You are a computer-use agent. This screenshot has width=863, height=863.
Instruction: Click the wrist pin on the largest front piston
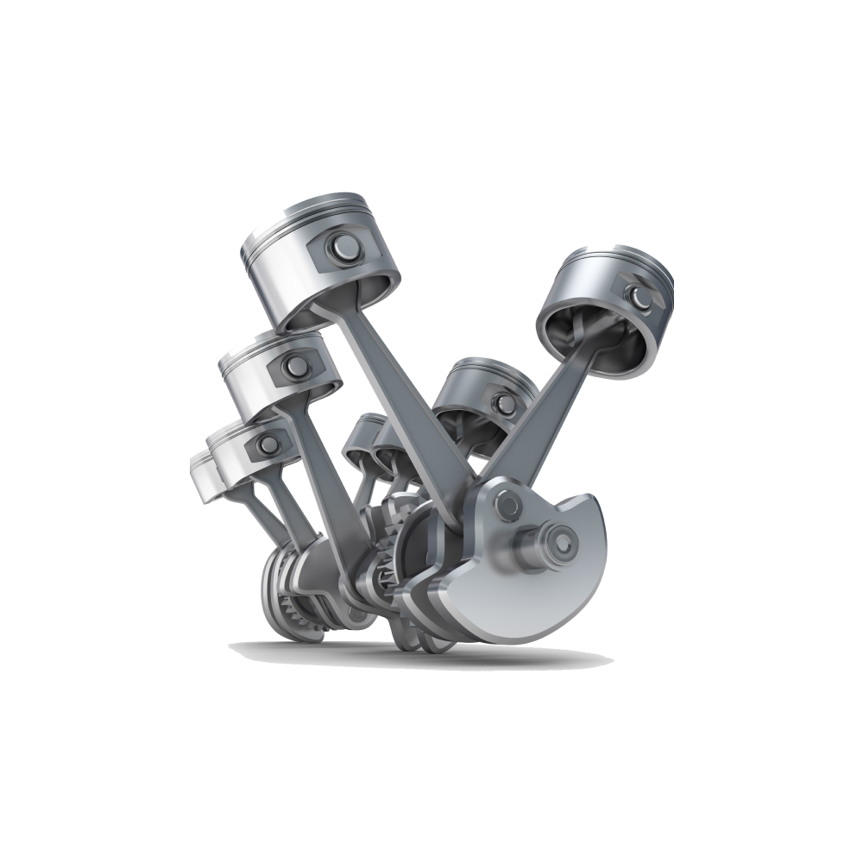[340, 249]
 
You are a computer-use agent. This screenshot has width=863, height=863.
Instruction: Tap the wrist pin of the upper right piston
[638, 298]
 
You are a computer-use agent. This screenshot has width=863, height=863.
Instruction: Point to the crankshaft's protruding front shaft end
[560, 543]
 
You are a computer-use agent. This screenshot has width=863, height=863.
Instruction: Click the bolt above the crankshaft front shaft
[508, 501]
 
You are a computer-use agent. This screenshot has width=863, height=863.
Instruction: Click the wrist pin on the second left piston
[296, 366]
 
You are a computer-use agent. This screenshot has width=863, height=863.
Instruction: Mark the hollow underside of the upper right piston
[595, 337]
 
